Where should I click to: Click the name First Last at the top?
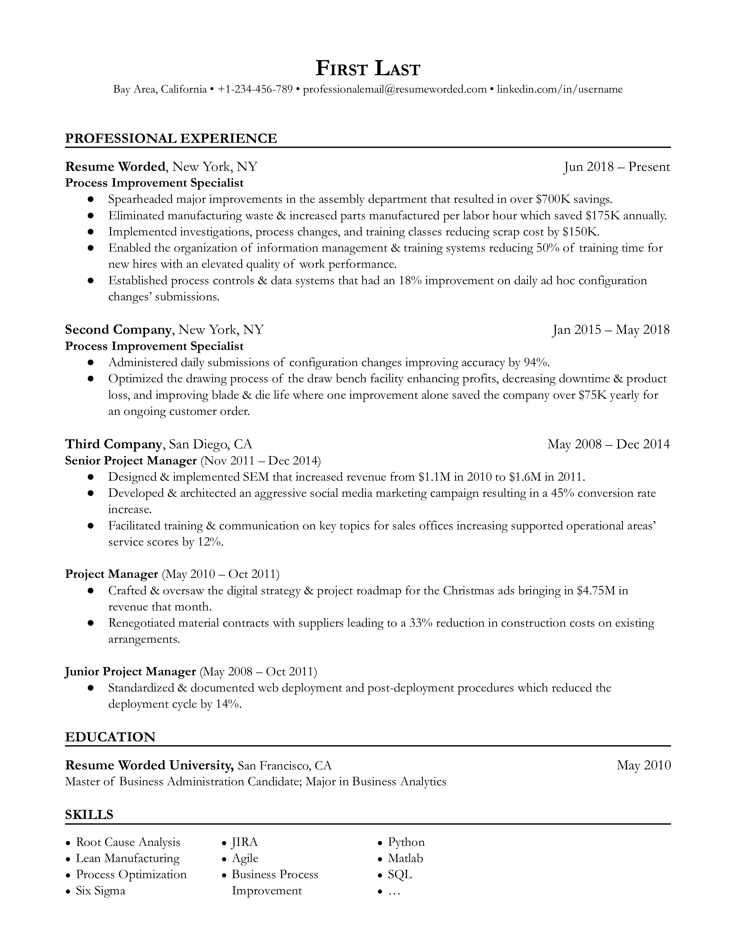[367, 69]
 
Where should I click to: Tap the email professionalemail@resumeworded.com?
[395, 89]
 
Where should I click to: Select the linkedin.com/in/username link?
[559, 89]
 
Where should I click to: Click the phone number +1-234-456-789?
[255, 89]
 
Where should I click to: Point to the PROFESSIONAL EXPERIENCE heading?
[171, 138]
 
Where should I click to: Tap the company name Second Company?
[118, 329]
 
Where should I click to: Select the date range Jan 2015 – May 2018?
[610, 329]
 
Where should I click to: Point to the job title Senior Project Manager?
[131, 460]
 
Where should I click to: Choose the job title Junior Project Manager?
[130, 671]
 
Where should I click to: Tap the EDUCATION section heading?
[110, 737]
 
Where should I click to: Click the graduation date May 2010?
[643, 765]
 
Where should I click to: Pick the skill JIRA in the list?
[244, 842]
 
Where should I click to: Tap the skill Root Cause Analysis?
[128, 842]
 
